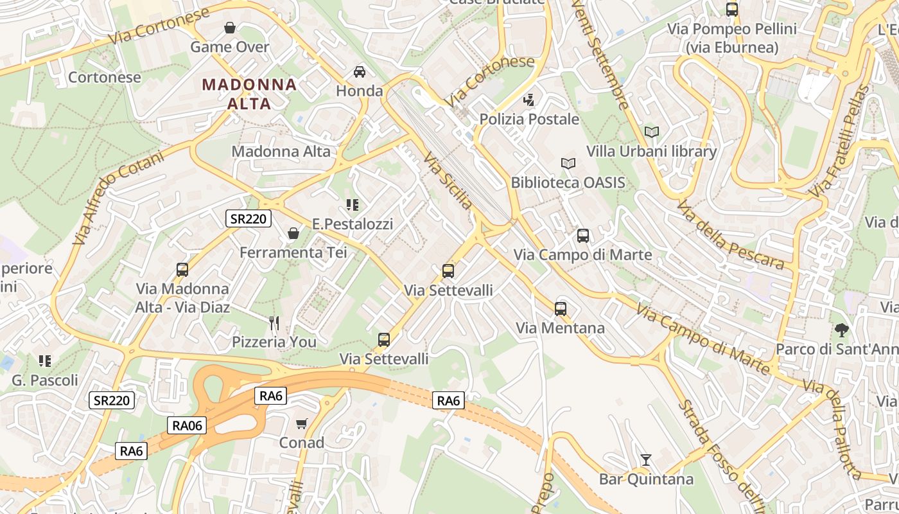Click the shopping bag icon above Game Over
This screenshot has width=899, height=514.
coord(230,28)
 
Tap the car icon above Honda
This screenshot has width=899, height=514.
coord(360,71)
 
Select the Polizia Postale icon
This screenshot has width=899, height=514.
coord(529,100)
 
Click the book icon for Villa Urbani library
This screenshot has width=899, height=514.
coord(652,132)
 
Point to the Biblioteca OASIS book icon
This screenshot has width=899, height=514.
coord(568,163)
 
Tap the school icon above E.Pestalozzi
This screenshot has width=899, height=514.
coord(352,205)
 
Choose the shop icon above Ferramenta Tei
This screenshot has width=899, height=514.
coord(293,233)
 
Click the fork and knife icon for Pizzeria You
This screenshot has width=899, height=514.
coord(274,323)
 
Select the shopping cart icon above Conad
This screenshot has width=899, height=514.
coord(302,423)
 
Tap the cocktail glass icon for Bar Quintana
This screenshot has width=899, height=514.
coord(646,460)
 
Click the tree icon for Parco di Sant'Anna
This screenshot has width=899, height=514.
coord(841,330)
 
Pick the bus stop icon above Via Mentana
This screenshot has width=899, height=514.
coord(561,309)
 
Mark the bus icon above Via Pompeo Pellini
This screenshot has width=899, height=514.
coord(732,10)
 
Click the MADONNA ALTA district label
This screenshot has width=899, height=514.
coord(249,94)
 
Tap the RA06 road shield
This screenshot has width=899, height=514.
coord(187,425)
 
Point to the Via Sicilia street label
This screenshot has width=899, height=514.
coord(448,181)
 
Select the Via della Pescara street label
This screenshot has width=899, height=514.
coord(730,235)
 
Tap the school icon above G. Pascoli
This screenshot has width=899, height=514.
coord(44,361)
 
